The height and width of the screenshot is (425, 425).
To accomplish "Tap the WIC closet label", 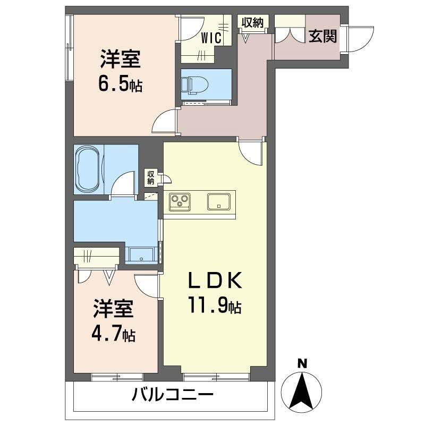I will pos(211,38).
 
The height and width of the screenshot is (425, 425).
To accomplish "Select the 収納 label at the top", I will pos(253,22).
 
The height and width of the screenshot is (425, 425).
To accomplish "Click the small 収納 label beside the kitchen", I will pos(151,177).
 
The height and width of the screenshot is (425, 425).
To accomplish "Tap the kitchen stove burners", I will pos(180,202).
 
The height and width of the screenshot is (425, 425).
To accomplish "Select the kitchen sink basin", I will pos(218,202).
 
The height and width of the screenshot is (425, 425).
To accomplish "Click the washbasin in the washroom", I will pos(141,255).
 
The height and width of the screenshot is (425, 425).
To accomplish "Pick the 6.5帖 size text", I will pos(120,85).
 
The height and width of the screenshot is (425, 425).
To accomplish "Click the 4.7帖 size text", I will pos(114,335).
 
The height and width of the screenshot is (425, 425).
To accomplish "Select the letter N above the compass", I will pos(302,364).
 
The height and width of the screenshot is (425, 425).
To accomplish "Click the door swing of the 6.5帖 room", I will pos(165,121).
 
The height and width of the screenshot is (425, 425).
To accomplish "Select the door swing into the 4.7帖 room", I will pos(147,285).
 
